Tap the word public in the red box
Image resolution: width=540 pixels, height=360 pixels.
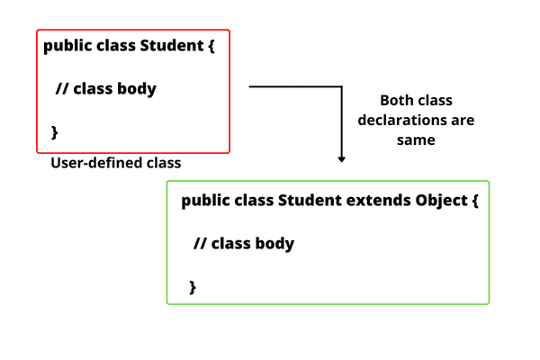click(66, 46)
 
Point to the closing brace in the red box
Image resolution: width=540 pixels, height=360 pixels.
click(54, 132)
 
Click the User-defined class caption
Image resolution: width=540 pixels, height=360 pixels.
click(116, 164)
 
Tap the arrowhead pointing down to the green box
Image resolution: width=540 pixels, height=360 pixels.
click(342, 158)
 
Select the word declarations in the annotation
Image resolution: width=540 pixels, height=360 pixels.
click(416, 120)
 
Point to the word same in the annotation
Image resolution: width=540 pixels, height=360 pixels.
click(416, 139)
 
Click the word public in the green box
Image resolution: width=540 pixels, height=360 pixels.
click(204, 200)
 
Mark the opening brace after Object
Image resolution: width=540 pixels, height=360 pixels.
click(474, 201)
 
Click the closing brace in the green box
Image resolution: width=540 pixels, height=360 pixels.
click(193, 286)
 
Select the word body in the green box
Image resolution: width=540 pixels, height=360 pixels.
click(274, 244)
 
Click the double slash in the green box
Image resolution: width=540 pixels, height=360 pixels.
click(199, 244)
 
